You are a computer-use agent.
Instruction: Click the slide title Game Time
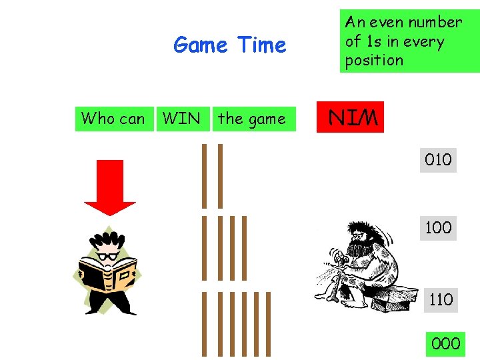coord(229,45)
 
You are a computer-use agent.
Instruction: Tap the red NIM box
coord(351,119)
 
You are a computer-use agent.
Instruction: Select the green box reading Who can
coord(113,119)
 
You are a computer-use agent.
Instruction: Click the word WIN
coord(181,119)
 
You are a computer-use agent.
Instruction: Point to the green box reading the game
coord(251,119)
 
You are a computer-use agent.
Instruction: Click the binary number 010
coord(438,160)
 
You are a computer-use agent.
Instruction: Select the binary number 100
coord(438,228)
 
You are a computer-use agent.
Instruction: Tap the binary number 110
coord(440,299)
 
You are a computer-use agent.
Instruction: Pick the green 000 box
coord(445,343)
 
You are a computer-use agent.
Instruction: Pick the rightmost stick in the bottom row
coord(269,324)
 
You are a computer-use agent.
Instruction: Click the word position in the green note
coord(374,60)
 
